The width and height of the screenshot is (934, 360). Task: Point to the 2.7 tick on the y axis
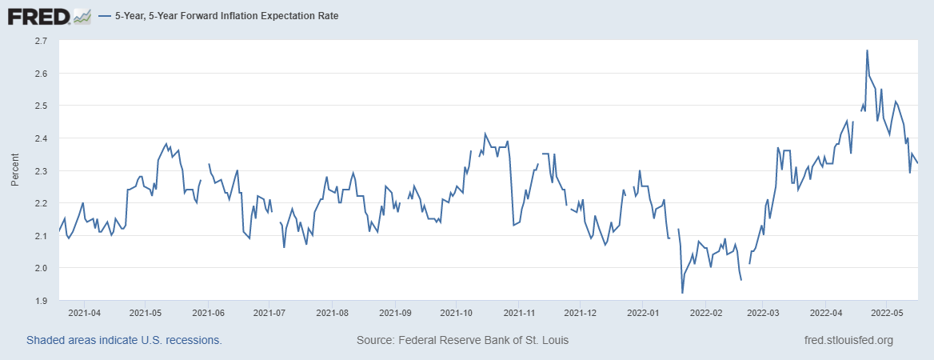pyautogui.click(x=41, y=40)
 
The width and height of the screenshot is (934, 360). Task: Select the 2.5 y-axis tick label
pyautogui.click(x=41, y=106)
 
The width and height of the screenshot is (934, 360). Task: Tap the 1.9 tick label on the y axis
pyautogui.click(x=41, y=301)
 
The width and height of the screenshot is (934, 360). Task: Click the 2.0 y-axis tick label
pyautogui.click(x=41, y=268)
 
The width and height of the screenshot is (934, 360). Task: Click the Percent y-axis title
pyautogui.click(x=14, y=170)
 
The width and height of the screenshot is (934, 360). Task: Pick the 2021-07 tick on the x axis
pyautogui.click(x=269, y=314)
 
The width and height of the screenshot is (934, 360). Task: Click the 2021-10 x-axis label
pyautogui.click(x=457, y=314)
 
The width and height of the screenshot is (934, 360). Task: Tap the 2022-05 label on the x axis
pyautogui.click(x=887, y=314)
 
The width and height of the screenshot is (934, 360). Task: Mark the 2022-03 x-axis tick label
pyautogui.click(x=764, y=314)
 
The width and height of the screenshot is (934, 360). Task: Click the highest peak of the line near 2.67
pyautogui.click(x=867, y=50)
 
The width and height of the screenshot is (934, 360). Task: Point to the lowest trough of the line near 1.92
pyautogui.click(x=682, y=293)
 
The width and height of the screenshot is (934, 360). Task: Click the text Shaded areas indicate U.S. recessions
pyautogui.click(x=124, y=340)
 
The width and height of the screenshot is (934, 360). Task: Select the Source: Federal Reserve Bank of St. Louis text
pyautogui.click(x=463, y=340)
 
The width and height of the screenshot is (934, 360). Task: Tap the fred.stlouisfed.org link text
pyautogui.click(x=848, y=340)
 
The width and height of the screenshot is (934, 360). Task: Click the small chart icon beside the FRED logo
pyautogui.click(x=82, y=15)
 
